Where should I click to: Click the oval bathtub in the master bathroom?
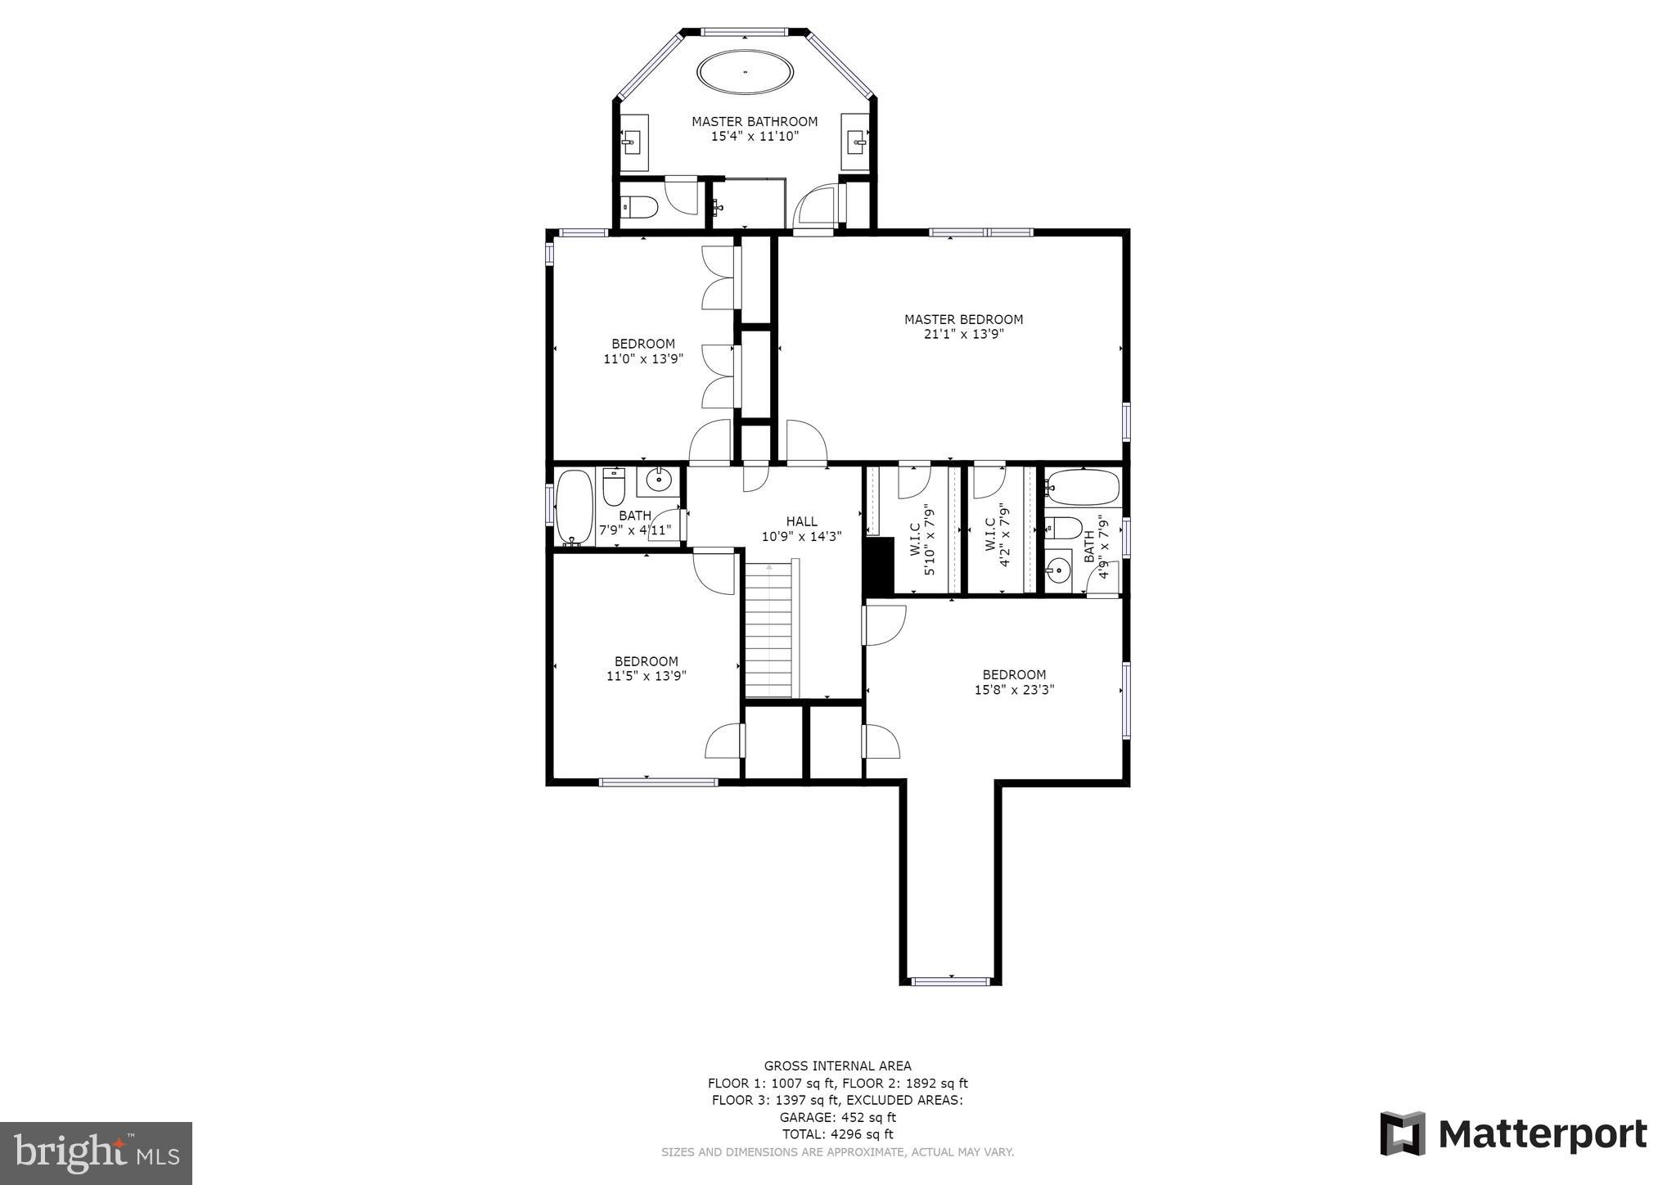pyautogui.click(x=745, y=72)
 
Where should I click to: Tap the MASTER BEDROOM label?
pyautogui.click(x=963, y=319)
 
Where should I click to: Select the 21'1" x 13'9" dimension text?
pyautogui.click(x=963, y=334)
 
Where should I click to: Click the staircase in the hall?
pyautogui.click(x=768, y=629)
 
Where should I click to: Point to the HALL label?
pyautogui.click(x=801, y=521)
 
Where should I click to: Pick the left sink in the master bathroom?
pyautogui.click(x=630, y=142)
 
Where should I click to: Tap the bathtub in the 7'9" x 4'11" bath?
pyautogui.click(x=573, y=507)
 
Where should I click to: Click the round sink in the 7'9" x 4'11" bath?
pyautogui.click(x=658, y=479)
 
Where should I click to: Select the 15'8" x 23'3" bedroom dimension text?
pyautogui.click(x=1014, y=690)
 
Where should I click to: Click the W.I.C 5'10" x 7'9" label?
pyautogui.click(x=921, y=539)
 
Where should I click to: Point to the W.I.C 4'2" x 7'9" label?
pyautogui.click(x=998, y=539)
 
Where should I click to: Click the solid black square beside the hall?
pyautogui.click(x=878, y=565)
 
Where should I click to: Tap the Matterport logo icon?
pyautogui.click(x=1403, y=1133)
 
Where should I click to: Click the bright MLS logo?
pyautogui.click(x=96, y=1153)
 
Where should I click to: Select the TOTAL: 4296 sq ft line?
pyautogui.click(x=837, y=1134)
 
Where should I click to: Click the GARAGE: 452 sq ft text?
pyautogui.click(x=837, y=1117)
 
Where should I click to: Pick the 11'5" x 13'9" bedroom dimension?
pyautogui.click(x=646, y=676)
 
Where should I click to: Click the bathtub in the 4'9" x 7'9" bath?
pyautogui.click(x=1082, y=489)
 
